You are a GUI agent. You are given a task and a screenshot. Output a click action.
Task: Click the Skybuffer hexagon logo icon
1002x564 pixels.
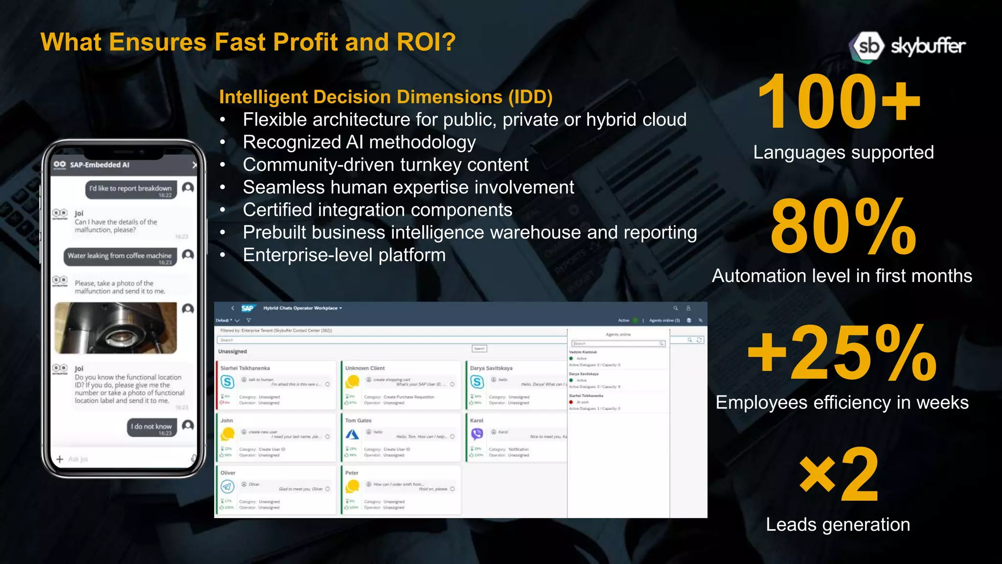point(868,47)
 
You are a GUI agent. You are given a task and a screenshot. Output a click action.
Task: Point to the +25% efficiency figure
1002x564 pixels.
point(842,353)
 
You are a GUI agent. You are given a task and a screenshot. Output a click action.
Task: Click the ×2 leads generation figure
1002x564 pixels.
point(839,474)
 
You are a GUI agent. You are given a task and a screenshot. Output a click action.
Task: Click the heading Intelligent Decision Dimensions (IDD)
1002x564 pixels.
point(386,97)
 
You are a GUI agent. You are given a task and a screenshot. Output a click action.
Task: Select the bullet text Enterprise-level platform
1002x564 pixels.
point(344,255)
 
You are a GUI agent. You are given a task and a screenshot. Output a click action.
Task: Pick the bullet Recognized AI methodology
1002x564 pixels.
point(359,142)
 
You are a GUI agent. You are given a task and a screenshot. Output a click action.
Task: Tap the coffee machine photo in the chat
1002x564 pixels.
point(116,328)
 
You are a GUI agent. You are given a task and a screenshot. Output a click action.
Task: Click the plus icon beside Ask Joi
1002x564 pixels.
point(60,459)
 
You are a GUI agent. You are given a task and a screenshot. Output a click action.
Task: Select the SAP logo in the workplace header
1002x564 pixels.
point(248,308)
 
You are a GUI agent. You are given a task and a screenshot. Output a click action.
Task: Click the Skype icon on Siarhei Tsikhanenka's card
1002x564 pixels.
point(228,382)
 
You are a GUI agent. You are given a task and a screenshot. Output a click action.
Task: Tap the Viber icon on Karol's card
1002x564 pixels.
point(477,434)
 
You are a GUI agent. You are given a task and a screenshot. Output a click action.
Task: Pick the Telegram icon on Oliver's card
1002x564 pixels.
point(228,486)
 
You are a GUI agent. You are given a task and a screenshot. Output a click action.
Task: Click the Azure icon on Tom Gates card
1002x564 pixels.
point(352,434)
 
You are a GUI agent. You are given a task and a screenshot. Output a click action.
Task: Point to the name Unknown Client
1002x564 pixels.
point(365,368)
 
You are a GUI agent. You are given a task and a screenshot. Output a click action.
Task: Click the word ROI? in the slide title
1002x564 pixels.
point(426,42)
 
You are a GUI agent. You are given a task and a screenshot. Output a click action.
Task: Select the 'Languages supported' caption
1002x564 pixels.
point(843,153)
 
